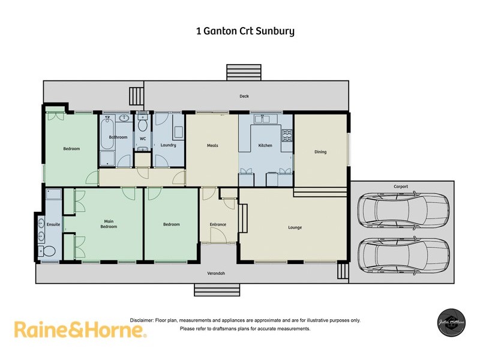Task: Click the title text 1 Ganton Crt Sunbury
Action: pyautogui.click(x=245, y=31)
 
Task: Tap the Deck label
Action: pyautogui.click(x=244, y=96)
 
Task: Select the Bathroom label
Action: pyautogui.click(x=118, y=137)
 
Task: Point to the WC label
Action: pyautogui.click(x=143, y=139)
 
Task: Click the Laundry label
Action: pyautogui.click(x=168, y=145)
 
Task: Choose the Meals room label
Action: pyautogui.click(x=212, y=145)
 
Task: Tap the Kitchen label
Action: pyautogui.click(x=265, y=145)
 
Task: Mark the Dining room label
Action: pyautogui.click(x=320, y=152)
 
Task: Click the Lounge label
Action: pyautogui.click(x=295, y=227)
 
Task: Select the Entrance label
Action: pyautogui.click(x=218, y=224)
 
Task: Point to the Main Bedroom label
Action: pyautogui.click(x=109, y=224)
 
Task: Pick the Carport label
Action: pyautogui.click(x=401, y=187)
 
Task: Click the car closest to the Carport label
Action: pyautogui.click(x=403, y=209)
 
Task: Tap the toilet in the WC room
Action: pyautogui.click(x=143, y=125)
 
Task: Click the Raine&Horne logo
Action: pyautogui.click(x=80, y=329)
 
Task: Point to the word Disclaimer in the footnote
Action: pyautogui.click(x=142, y=320)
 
